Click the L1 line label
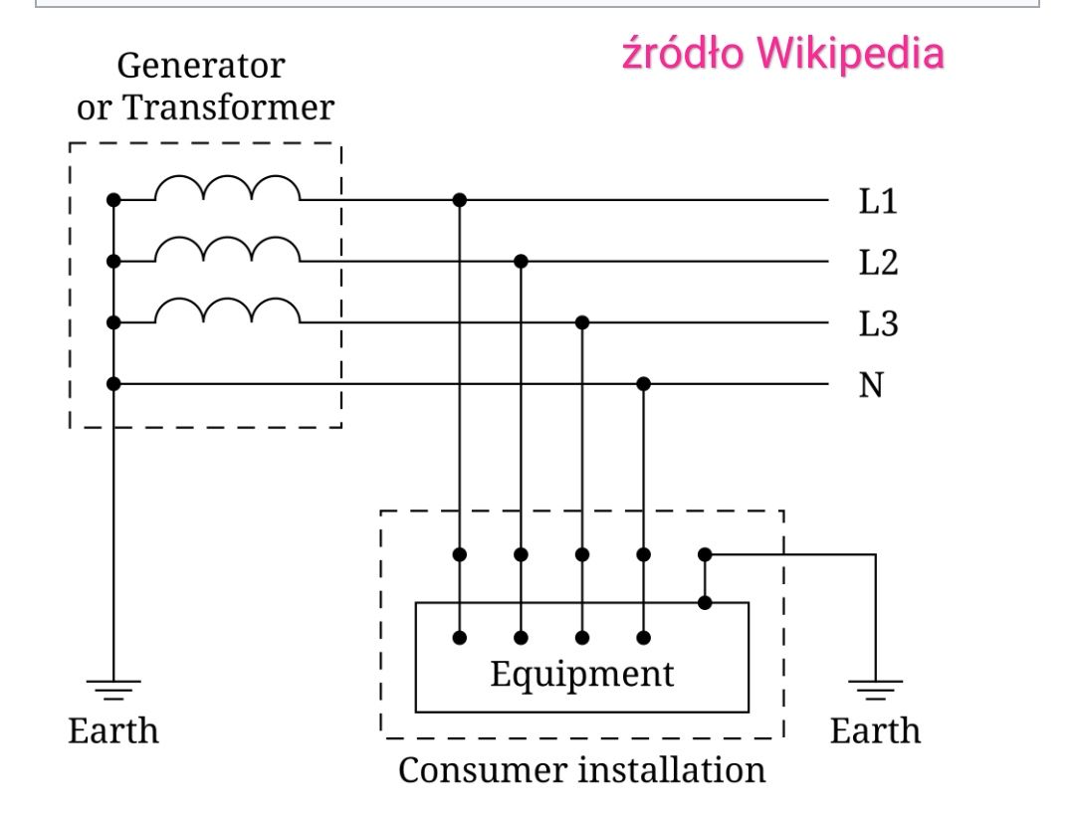point(878,201)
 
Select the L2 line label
point(878,263)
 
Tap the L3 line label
point(878,323)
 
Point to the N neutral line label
point(871,385)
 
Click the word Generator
point(201,67)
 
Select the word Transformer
point(228,107)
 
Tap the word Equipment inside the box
point(582,675)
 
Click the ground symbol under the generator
point(113,690)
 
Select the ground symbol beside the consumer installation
point(876,690)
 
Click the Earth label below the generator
point(113,731)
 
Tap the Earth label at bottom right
point(876,731)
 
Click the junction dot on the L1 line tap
point(460,200)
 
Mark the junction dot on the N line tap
point(643,384)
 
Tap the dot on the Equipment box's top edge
point(705,603)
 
